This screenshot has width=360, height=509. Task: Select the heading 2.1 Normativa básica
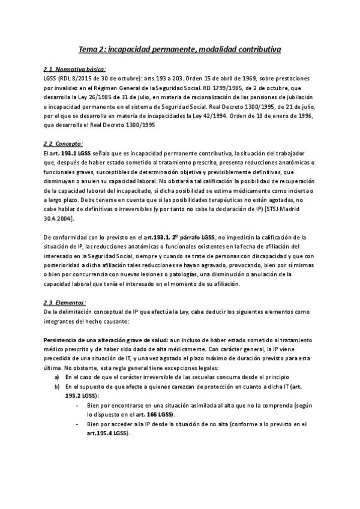click(75, 70)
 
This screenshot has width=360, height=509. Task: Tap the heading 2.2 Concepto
click(64, 144)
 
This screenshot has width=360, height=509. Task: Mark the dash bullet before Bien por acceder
click(79, 424)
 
